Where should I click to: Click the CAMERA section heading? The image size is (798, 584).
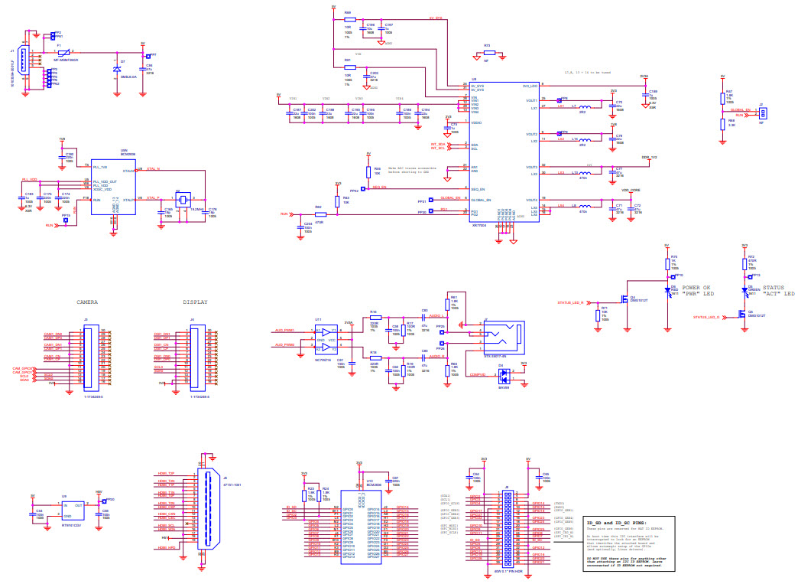pyautogui.click(x=86, y=302)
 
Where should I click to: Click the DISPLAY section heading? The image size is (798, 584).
pyautogui.click(x=196, y=302)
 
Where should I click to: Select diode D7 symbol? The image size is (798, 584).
pyautogui.click(x=116, y=69)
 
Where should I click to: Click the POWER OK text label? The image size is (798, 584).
pyautogui.click(x=697, y=288)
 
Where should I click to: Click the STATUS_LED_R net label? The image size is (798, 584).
pyautogui.click(x=571, y=303)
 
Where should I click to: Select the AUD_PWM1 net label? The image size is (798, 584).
pyautogui.click(x=284, y=331)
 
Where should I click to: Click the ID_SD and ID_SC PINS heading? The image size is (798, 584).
pyautogui.click(x=616, y=522)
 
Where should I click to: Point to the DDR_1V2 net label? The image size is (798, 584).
pyautogui.click(x=649, y=157)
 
